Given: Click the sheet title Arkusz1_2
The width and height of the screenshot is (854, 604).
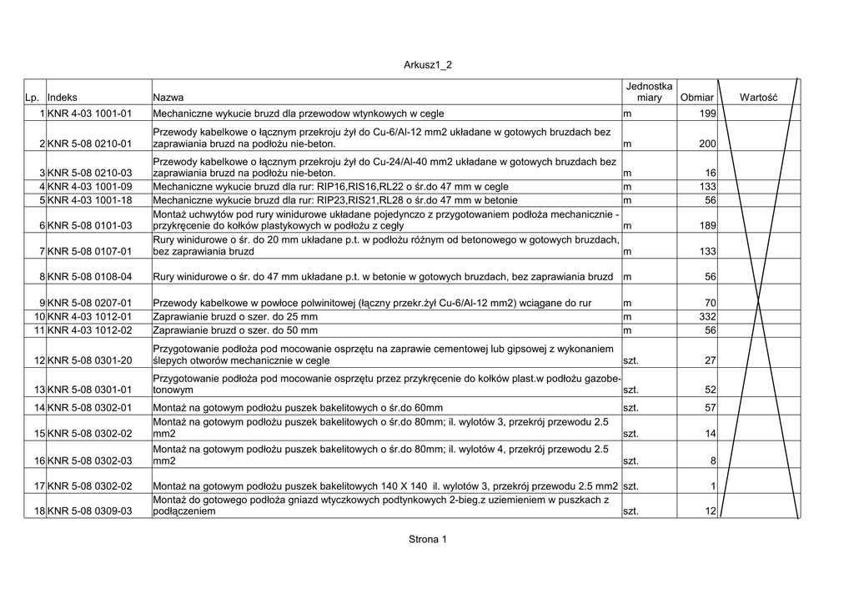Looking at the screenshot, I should [x=427, y=64].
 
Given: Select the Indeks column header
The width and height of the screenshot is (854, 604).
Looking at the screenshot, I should [x=63, y=98].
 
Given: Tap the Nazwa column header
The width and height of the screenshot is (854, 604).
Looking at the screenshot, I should [x=168, y=98].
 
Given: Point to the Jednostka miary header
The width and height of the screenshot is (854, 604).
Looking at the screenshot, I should [x=649, y=92].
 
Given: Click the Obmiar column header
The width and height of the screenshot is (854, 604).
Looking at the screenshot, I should [x=696, y=98].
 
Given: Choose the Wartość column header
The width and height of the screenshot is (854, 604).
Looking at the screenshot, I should [x=758, y=98].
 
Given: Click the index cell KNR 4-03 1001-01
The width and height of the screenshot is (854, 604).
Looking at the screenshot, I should [x=90, y=113].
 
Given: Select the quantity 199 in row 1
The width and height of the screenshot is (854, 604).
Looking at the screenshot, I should [x=707, y=113].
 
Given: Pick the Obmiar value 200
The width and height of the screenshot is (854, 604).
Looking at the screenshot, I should [x=707, y=144].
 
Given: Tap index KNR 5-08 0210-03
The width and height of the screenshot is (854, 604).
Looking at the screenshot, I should [x=90, y=173].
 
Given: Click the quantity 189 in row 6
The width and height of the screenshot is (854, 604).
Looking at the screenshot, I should [x=707, y=226].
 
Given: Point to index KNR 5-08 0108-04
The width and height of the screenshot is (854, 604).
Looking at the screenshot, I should [x=90, y=277].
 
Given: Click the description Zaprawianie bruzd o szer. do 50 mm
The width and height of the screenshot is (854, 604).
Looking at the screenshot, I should [x=235, y=330].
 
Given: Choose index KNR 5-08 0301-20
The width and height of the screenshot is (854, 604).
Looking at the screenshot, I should [x=90, y=361].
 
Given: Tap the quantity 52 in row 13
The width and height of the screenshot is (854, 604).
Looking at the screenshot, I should [x=711, y=390].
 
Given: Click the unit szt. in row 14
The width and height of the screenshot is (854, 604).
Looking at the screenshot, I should [x=630, y=408].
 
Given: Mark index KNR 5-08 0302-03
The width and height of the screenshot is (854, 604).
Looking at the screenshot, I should [x=90, y=461].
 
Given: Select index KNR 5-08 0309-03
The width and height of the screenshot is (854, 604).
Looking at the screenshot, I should [x=90, y=511].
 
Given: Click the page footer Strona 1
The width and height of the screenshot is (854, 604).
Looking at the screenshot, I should [x=427, y=539].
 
